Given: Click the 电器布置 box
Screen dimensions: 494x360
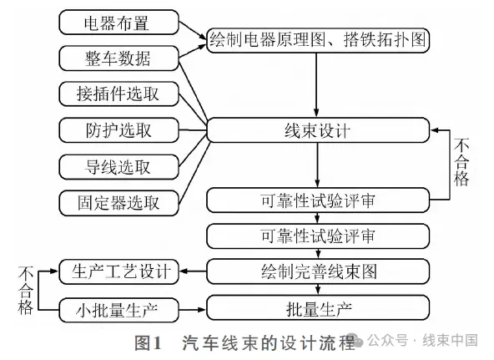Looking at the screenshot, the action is coord(118,23).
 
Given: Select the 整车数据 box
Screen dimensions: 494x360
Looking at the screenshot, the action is coord(118,58).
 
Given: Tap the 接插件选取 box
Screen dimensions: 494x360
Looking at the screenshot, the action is coord(118,94).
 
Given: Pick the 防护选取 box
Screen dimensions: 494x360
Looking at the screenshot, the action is coord(118,130).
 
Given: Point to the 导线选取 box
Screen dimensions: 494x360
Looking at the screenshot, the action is coord(118,167).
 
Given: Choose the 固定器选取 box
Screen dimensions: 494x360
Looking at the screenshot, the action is coord(118,203).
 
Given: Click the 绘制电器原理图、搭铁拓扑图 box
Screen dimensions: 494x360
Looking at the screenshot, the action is coord(318,40).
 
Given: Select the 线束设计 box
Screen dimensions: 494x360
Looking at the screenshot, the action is coord(318,130).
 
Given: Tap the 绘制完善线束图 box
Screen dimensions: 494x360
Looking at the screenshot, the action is coord(318,271).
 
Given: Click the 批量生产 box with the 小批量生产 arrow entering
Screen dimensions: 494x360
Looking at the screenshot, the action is coord(318,307).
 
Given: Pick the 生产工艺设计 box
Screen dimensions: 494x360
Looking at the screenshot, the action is coord(118,271).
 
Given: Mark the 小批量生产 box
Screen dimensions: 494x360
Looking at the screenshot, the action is coord(118,310).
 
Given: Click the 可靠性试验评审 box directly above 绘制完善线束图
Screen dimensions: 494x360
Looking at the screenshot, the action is coord(318,236).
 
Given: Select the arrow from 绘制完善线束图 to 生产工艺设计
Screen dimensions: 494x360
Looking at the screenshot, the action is coord(193,271).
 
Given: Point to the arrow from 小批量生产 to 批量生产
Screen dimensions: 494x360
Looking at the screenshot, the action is coord(192,310).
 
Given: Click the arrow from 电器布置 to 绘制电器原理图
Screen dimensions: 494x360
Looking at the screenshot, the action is coord(193,30).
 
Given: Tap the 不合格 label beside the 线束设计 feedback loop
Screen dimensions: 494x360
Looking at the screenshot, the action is coord(461,162).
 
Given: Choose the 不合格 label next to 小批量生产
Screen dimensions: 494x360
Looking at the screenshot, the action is coord(26,291).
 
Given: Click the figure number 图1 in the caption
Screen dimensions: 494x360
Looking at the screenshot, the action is coord(148,342).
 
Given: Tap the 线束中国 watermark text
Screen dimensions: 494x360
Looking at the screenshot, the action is coord(450,341).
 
